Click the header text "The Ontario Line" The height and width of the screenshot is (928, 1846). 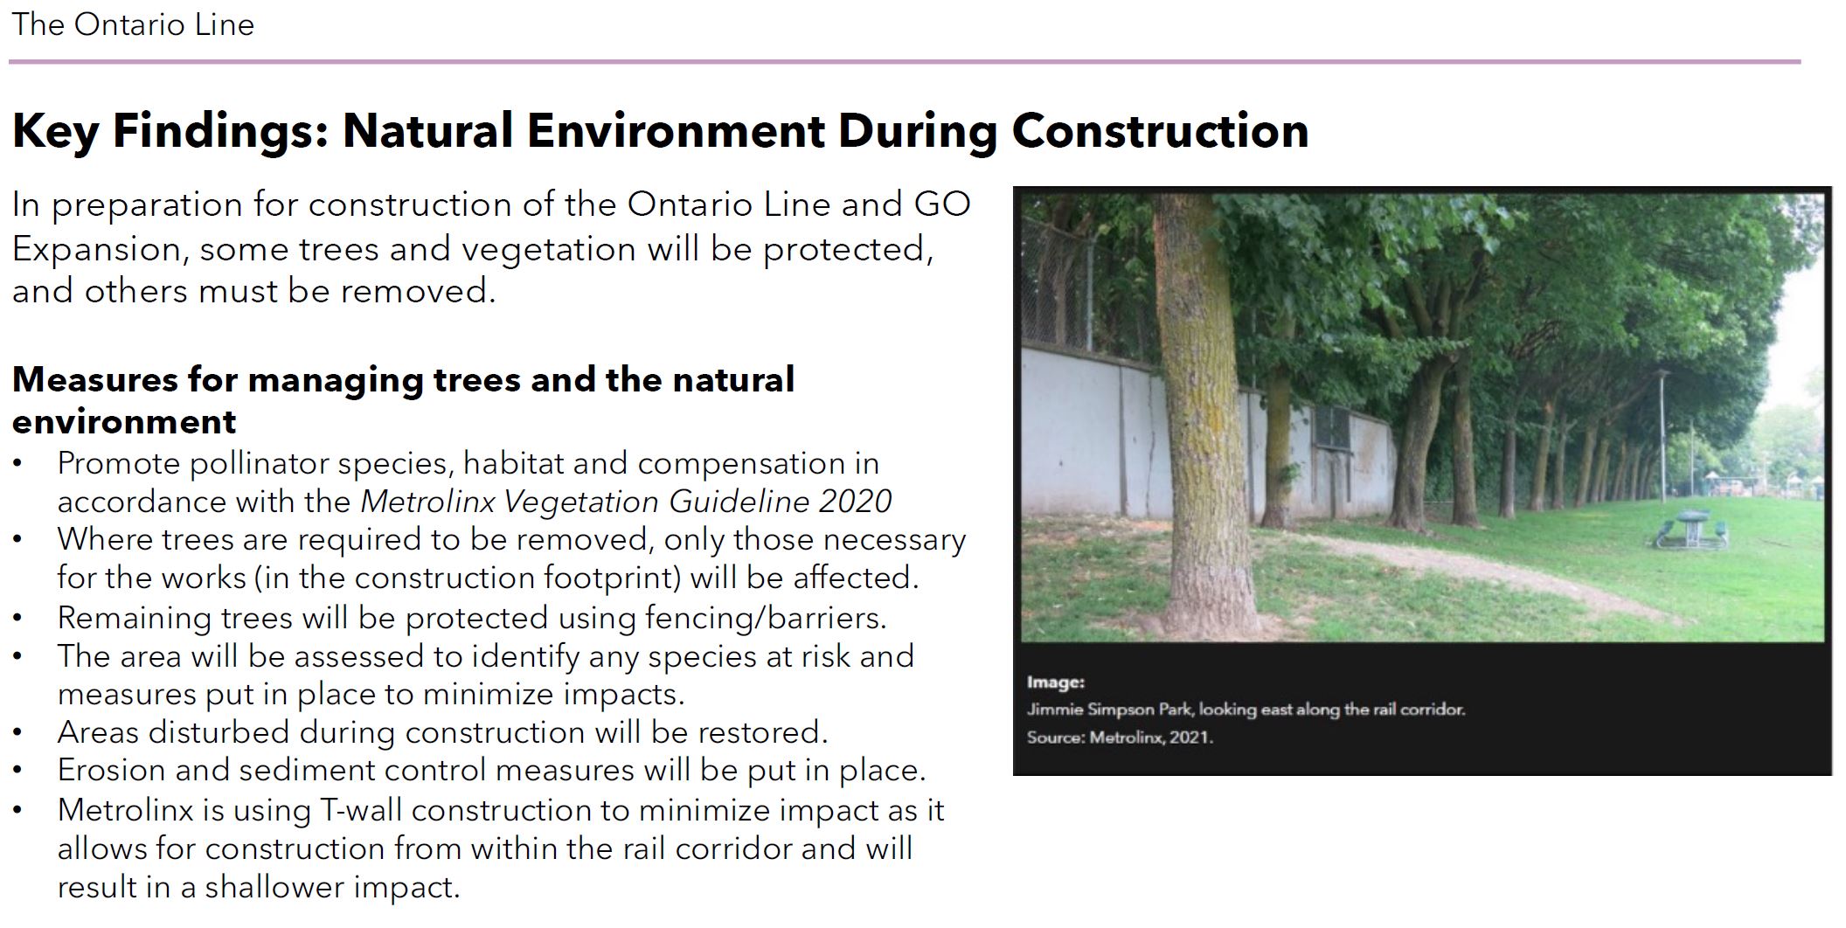tap(133, 24)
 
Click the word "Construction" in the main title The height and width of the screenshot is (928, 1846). tap(1160, 131)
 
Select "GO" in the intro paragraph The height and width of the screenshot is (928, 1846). tap(942, 204)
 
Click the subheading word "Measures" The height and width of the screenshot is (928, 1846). tap(95, 380)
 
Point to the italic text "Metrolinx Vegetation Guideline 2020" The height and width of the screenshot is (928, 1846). tap(626, 502)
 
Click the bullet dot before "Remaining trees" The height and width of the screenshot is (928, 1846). tap(17, 619)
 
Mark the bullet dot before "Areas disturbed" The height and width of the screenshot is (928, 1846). tap(17, 733)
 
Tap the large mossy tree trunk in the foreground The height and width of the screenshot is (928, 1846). tap(1203, 419)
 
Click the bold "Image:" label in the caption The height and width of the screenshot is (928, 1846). tap(1056, 682)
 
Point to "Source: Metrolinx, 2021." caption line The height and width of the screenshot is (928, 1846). tap(1121, 738)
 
